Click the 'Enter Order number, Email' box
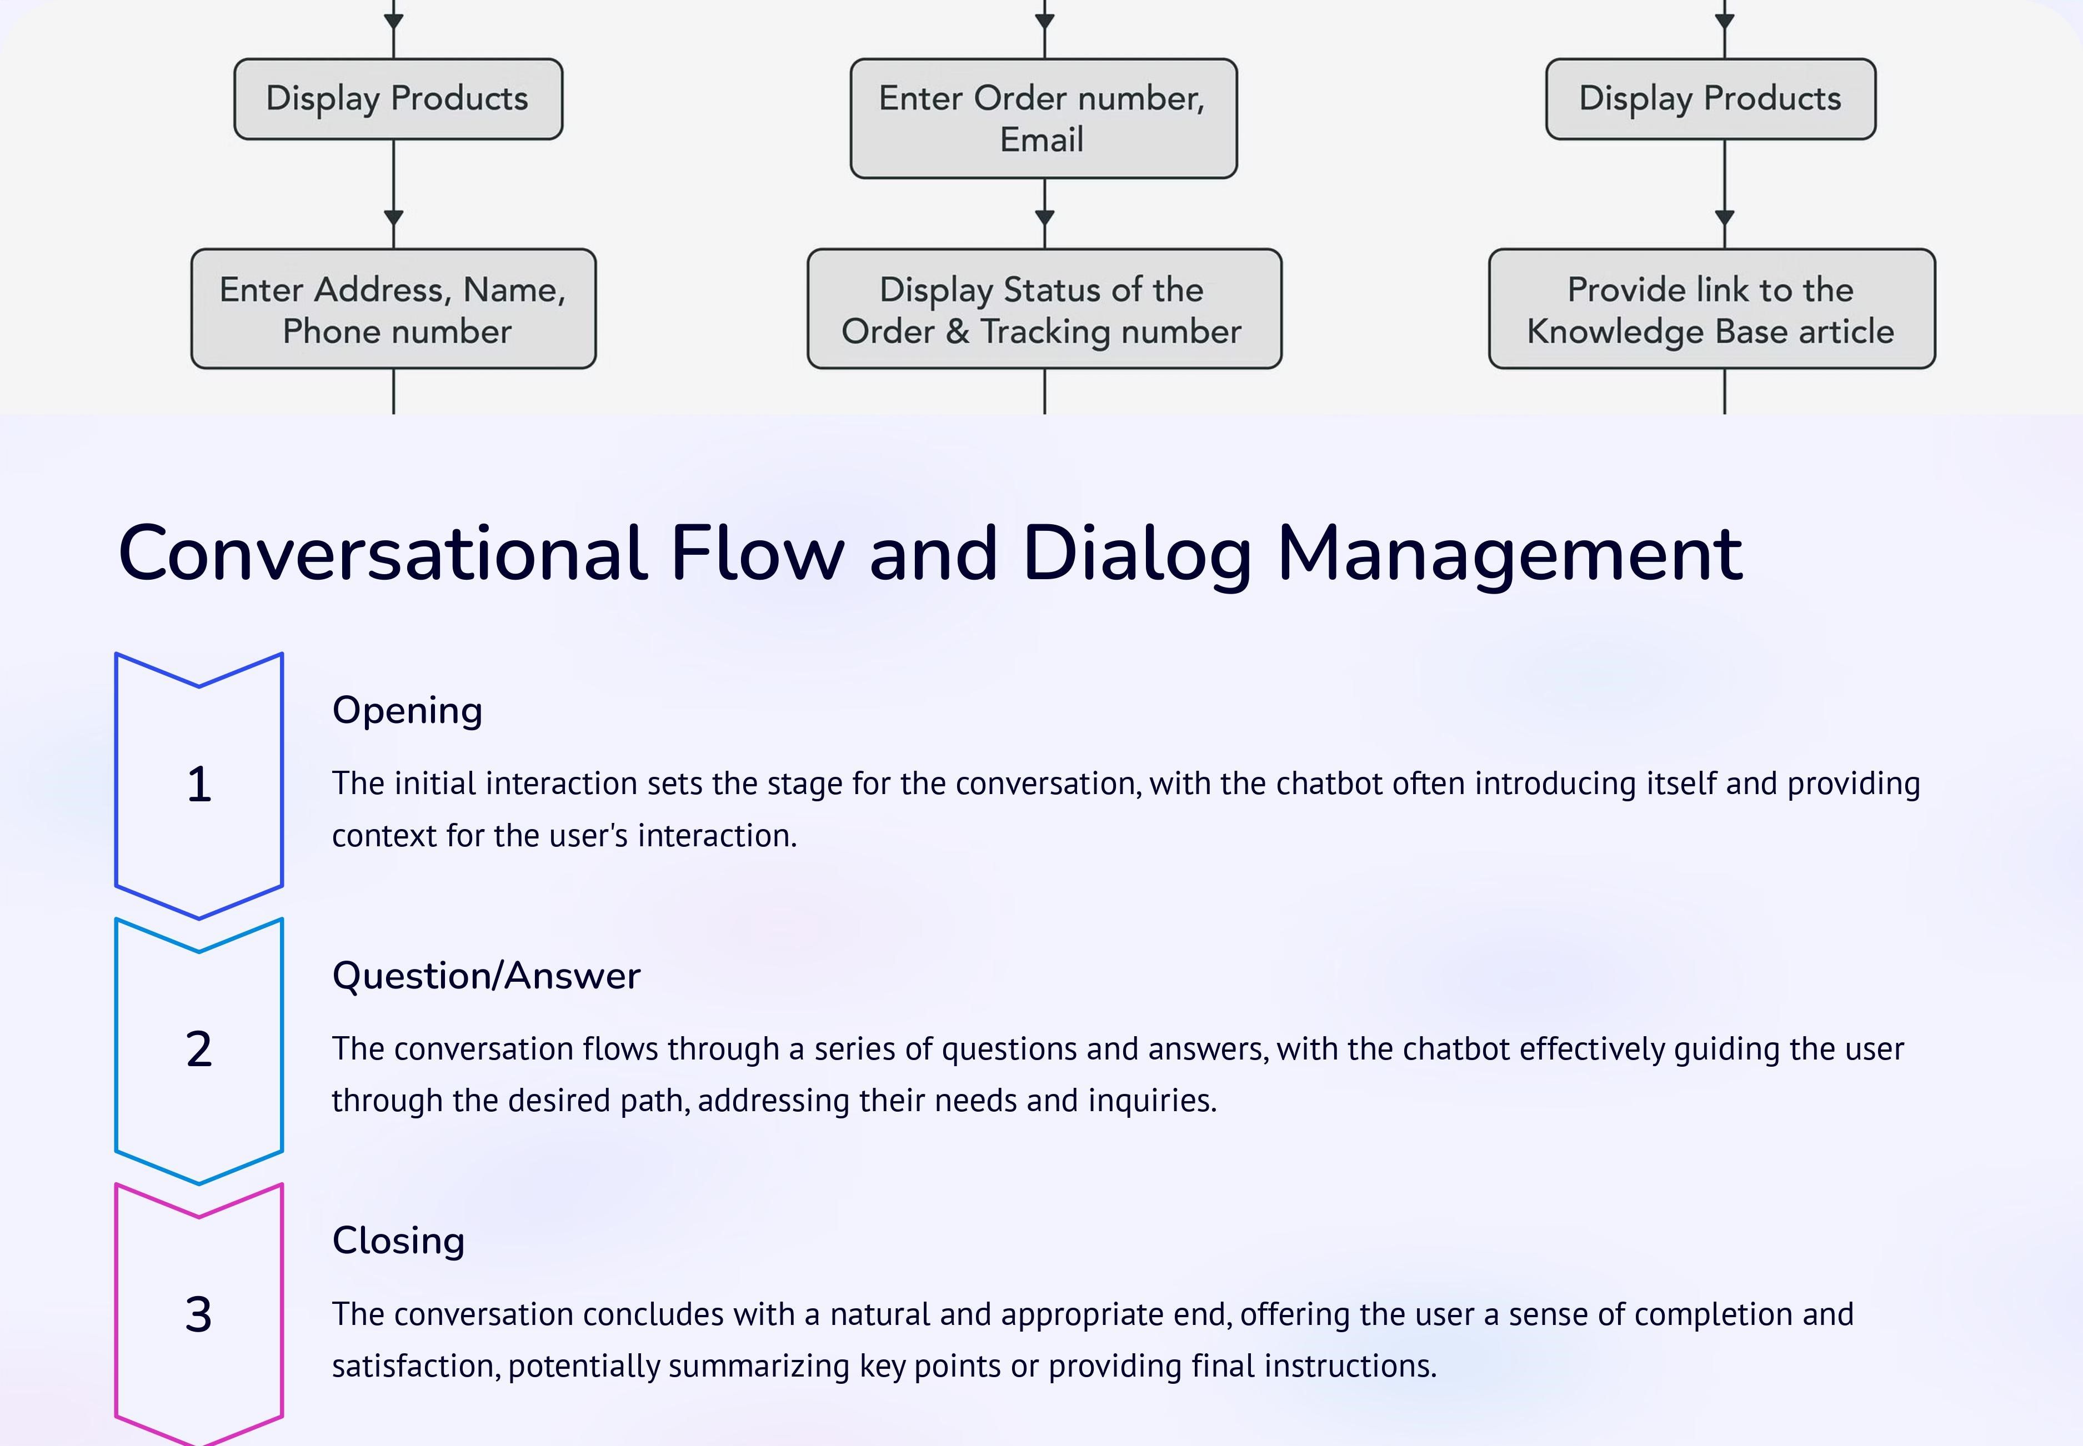[1044, 119]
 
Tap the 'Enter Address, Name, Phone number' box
[393, 309]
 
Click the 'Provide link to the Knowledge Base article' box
[1711, 309]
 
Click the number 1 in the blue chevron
[199, 785]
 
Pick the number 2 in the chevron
[199, 1049]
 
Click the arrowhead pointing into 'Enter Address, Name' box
[393, 218]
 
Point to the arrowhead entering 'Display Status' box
[1045, 218]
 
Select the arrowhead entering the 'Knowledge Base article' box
[1724, 218]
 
